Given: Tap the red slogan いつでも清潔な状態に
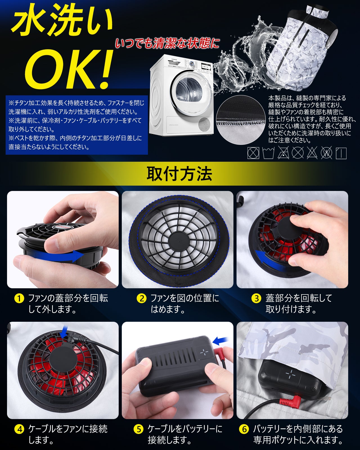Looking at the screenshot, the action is pyautogui.click(x=167, y=43).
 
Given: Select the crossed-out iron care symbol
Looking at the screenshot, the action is pyautogui.click(x=283, y=153).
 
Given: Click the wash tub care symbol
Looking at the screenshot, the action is pyautogui.click(x=268, y=153).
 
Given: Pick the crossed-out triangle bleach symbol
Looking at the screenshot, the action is pyautogui.click(x=312, y=153).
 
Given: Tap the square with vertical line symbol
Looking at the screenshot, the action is pyautogui.click(x=341, y=153).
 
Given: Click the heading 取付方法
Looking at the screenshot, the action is pyautogui.click(x=179, y=174).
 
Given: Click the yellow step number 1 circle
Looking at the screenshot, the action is pyautogui.click(x=19, y=298).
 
